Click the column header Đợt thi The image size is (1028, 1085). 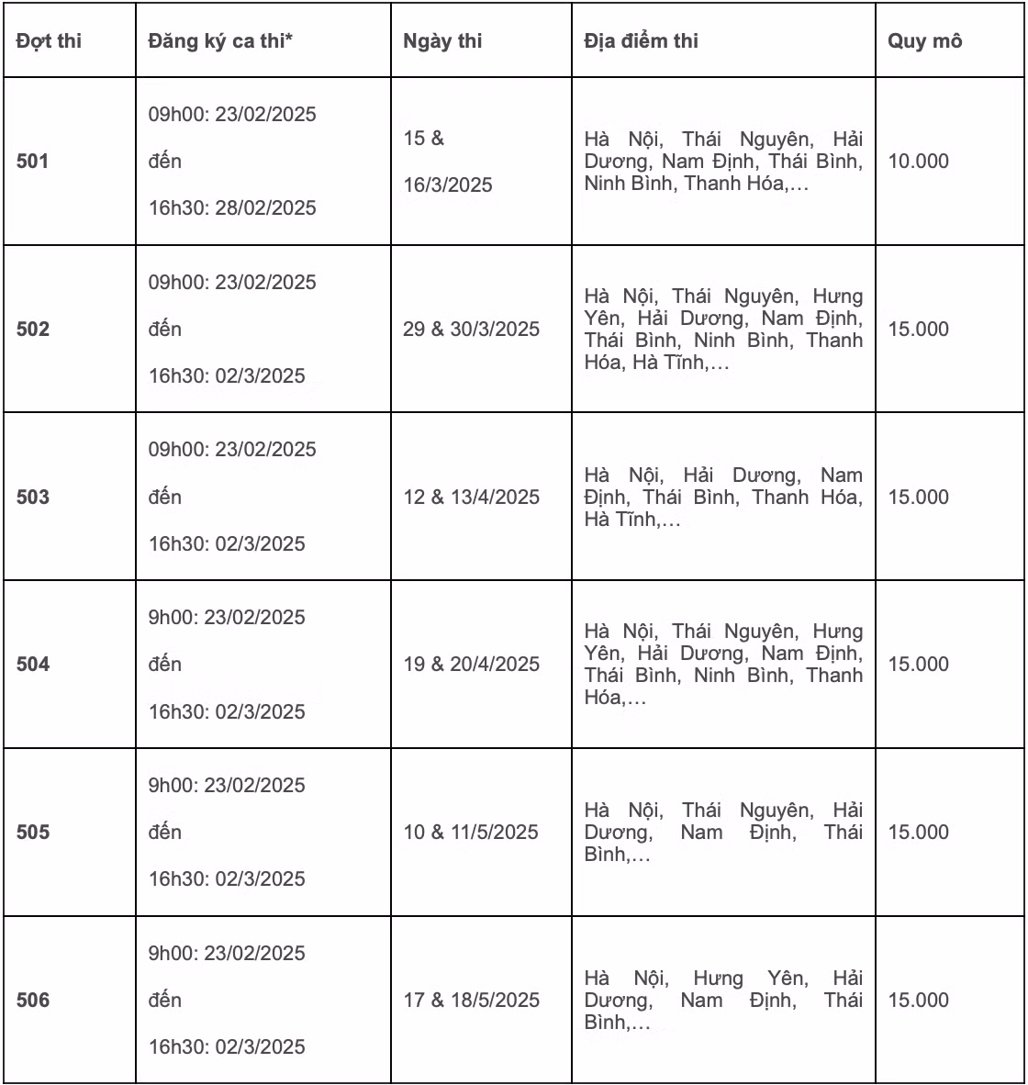(x=49, y=41)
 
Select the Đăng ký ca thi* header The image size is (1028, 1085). (x=220, y=41)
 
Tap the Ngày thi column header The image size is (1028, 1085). (x=442, y=41)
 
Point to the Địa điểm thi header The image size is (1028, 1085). (x=641, y=41)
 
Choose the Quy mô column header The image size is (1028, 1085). (x=924, y=41)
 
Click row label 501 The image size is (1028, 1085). (x=32, y=162)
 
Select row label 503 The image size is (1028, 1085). (x=32, y=498)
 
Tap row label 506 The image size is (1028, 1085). (x=32, y=1001)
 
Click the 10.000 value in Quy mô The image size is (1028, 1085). (x=918, y=162)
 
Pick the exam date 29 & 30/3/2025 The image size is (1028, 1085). (x=471, y=330)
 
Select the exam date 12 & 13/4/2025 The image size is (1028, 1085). (x=471, y=498)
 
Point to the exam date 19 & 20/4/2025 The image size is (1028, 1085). (x=471, y=665)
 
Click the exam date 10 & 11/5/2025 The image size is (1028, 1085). (x=471, y=833)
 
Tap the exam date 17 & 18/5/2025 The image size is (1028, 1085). (x=471, y=1001)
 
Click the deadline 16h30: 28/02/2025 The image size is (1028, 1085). (x=232, y=208)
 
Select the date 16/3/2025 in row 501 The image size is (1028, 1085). (x=448, y=185)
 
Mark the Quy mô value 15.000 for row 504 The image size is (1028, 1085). (x=918, y=665)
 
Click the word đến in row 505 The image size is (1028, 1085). (x=165, y=833)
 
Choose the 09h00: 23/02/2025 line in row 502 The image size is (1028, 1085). (x=232, y=283)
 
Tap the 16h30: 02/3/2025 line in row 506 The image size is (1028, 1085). (x=227, y=1047)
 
